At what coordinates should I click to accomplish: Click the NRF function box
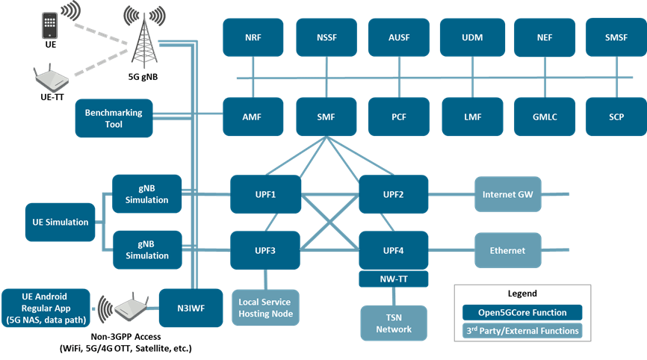point(253,37)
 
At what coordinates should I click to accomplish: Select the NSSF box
point(326,37)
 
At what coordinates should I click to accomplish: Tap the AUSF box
point(398,37)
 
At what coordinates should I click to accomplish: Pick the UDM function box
point(471,37)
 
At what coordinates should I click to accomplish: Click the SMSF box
point(616,37)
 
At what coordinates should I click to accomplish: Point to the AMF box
point(253,117)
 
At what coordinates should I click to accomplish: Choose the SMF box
point(326,117)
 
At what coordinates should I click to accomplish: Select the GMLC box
point(544,117)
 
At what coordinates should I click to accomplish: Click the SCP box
point(616,117)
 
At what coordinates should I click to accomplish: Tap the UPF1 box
point(265,194)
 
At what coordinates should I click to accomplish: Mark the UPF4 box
point(394,250)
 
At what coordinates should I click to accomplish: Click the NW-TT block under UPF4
point(394,278)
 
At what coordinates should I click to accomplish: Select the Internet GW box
point(507,194)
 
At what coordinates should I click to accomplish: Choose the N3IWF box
point(180,307)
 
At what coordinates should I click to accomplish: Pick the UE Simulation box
point(60,222)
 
